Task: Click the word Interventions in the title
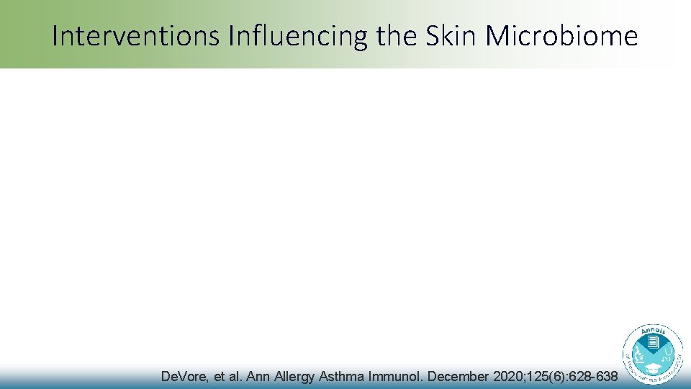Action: (x=136, y=36)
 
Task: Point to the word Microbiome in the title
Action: (x=573, y=36)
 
